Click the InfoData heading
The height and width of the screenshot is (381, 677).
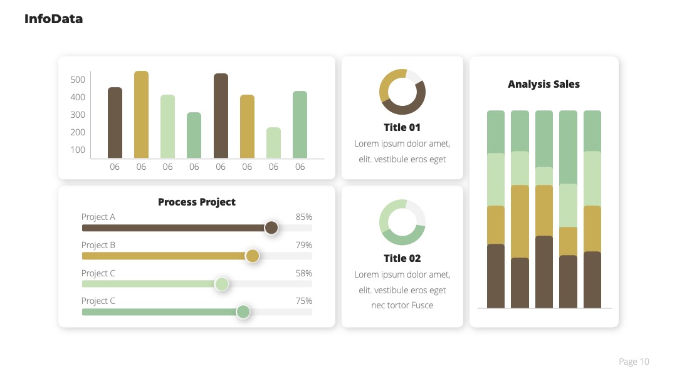[53, 19]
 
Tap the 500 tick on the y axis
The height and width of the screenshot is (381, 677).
[78, 80]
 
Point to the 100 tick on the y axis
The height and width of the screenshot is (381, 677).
[78, 150]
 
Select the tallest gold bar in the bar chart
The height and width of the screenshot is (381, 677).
[141, 114]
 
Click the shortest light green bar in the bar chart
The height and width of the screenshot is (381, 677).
[273, 143]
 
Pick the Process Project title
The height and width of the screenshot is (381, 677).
[197, 202]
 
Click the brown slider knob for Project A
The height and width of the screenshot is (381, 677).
[271, 227]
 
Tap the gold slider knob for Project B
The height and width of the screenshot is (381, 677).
[252, 256]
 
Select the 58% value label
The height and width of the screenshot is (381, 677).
[303, 273]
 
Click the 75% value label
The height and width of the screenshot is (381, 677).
[303, 301]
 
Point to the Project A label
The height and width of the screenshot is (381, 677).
[98, 217]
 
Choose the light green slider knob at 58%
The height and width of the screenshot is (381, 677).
[221, 284]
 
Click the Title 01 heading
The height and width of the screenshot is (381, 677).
[402, 127]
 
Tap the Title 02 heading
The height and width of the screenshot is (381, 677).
[402, 258]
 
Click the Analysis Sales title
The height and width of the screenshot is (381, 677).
[543, 84]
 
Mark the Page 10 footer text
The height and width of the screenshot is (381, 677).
[634, 362]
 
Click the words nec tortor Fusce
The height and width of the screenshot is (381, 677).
[402, 305]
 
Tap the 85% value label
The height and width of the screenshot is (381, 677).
[303, 217]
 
